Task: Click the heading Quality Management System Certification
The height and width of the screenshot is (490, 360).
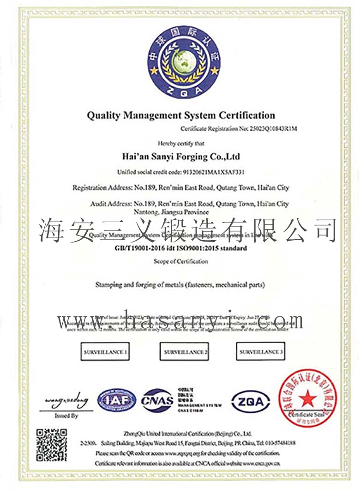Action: pos(181,115)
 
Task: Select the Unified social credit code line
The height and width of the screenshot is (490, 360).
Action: pos(180,172)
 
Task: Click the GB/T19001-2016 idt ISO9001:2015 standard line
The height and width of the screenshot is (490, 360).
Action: pos(180,248)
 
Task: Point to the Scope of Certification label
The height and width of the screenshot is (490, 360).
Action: pos(180,261)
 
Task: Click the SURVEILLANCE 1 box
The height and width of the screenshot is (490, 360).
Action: pos(105,352)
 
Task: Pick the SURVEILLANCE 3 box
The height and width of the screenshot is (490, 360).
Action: pos(261,352)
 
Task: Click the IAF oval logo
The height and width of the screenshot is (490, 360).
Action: pos(116,400)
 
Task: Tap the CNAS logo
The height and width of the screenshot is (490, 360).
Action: pos(157,400)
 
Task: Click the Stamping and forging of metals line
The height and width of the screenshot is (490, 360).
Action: pos(180,285)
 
